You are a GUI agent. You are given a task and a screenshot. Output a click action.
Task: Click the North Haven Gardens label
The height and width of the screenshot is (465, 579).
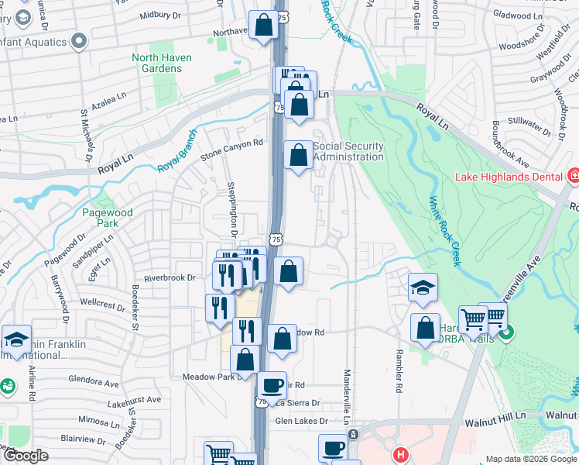tap(156, 63)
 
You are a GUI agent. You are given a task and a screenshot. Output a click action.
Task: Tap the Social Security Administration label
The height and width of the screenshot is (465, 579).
tap(349, 151)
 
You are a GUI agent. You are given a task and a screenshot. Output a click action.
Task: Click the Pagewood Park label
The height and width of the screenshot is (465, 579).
tap(108, 218)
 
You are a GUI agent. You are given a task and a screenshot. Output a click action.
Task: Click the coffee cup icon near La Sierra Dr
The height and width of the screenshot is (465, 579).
tap(271, 384)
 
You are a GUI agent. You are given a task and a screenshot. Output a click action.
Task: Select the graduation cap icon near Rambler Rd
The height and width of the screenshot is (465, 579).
tap(423, 288)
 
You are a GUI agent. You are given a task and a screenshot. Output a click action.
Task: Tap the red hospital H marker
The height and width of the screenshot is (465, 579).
tap(400, 454)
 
